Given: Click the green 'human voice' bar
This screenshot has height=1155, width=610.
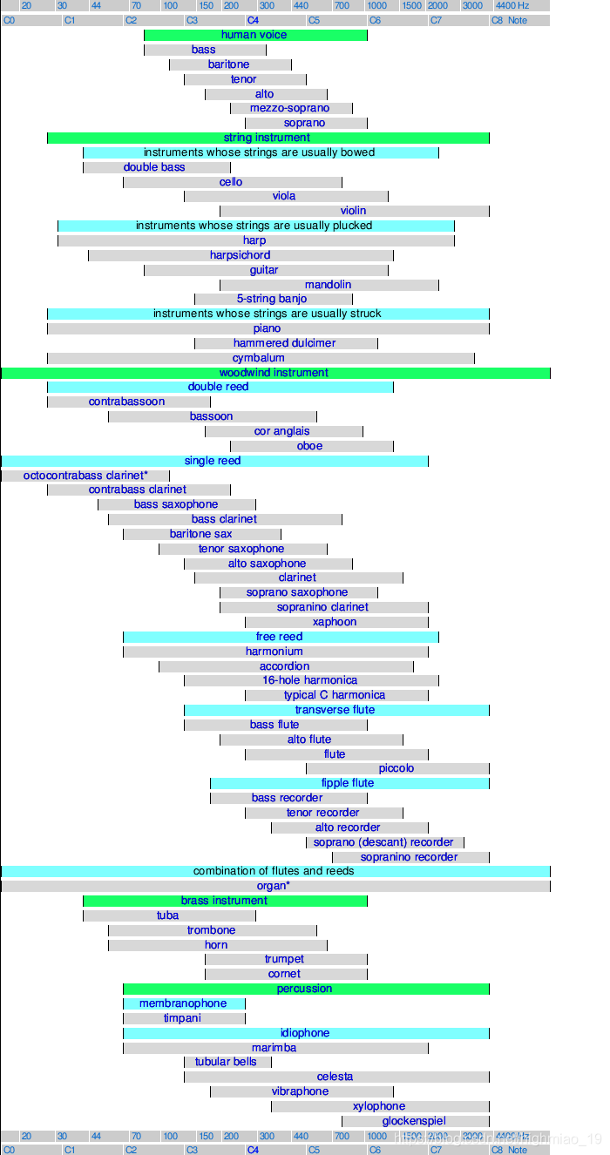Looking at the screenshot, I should pos(254,35).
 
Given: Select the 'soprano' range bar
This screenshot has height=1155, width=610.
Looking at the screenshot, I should pos(305,123).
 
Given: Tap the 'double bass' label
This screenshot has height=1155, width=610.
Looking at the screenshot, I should pos(154,167).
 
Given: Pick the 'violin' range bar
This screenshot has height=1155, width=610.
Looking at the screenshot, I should pos(354,211).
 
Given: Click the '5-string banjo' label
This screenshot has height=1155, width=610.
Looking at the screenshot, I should pos(272,299).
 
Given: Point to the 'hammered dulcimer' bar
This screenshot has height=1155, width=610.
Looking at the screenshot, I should pos(285,343).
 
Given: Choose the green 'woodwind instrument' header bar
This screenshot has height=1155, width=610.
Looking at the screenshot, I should pos(274,373).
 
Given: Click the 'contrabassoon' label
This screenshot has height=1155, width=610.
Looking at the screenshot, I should pos(126,402).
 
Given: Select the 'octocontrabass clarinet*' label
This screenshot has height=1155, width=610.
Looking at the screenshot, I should pos(85,476).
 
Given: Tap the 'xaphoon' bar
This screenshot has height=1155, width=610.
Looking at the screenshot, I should pos(335,622).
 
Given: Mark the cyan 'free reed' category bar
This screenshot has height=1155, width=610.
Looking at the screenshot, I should pos(280,637).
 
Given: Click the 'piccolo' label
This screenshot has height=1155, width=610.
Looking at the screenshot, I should pos(396,768).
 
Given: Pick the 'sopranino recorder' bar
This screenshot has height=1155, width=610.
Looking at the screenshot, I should pos(410,857).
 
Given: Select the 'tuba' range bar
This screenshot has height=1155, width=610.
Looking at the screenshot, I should pos(168,915).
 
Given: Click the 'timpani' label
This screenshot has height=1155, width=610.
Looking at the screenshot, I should pos(182,1018).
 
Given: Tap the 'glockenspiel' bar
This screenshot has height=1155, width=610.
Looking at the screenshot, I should pos(414,1121).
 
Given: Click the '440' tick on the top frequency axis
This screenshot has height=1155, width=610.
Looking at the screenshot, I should pos(301,5).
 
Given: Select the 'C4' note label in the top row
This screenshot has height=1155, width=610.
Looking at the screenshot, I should pos(253,20).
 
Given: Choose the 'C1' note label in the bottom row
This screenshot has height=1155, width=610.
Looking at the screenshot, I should pos(70,1150).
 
